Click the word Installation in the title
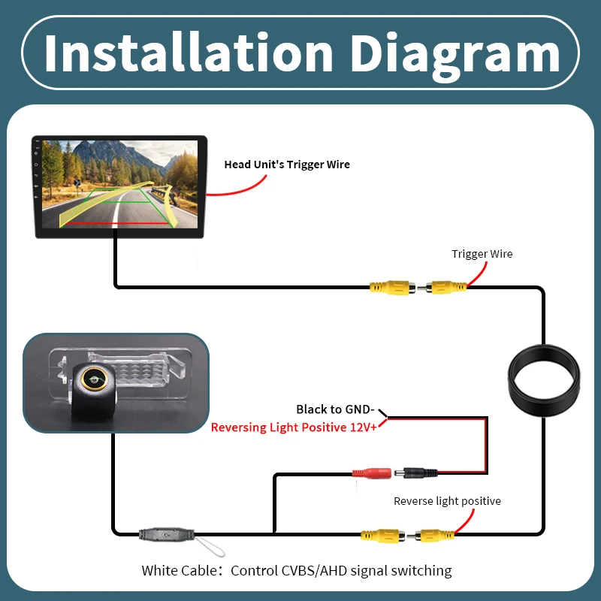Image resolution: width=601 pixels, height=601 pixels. click(189, 53)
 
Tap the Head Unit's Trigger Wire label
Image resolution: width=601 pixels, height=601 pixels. click(287, 165)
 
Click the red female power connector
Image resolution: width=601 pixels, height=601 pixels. click(372, 473)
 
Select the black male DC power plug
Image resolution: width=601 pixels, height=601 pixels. click(416, 473)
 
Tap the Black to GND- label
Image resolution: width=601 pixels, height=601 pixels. click(335, 409)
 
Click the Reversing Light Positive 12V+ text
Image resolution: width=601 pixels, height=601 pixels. click(294, 427)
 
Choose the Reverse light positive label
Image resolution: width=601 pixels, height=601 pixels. click(447, 501)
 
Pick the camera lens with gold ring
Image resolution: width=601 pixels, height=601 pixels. click(95, 379)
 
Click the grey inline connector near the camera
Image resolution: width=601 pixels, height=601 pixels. click(167, 534)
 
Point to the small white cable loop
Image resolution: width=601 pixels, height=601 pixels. click(210, 547)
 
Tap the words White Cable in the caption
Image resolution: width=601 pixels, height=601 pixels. click(180, 570)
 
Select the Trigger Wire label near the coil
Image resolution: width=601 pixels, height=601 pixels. click(482, 254)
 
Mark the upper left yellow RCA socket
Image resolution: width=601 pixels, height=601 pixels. click(392, 288)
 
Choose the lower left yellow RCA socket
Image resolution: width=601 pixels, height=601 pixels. click(383, 535)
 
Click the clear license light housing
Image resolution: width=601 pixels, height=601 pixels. click(122, 373)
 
